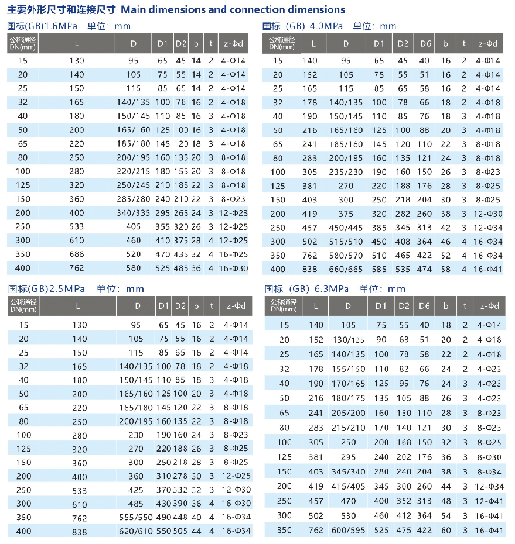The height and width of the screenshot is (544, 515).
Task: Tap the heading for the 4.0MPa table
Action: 329,26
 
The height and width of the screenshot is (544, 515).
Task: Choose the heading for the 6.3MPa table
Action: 335,288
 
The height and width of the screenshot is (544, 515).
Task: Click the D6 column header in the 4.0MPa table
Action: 425,43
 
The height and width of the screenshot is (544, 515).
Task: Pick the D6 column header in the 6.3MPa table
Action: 425,305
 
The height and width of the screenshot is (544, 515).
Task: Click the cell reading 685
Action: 79,254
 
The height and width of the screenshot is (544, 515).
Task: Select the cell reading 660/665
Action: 346,268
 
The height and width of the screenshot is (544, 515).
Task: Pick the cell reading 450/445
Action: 346,227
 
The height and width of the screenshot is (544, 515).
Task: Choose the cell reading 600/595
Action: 348,531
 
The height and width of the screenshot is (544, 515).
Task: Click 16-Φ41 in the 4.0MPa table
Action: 488,268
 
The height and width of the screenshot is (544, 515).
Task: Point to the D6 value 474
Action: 425,268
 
